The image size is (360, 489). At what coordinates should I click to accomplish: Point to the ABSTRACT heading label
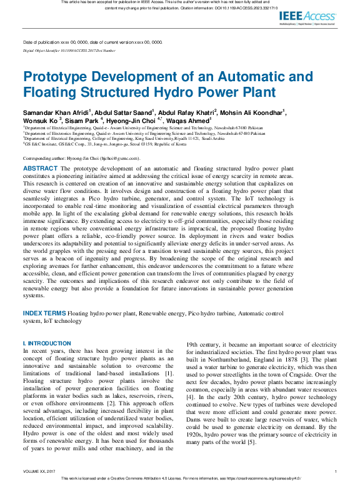[x=40, y=169]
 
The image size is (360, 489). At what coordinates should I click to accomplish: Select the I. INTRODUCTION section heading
[x=47, y=343]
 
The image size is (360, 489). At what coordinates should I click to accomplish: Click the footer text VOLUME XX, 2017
[x=40, y=471]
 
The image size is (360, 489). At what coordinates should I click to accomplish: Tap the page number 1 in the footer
[x=336, y=471]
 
